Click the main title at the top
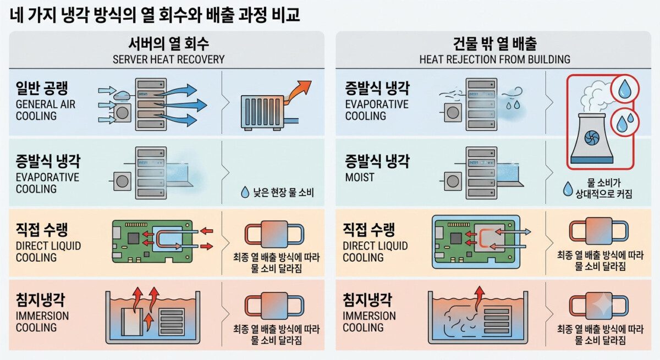point(155,15)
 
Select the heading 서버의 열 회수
point(168,44)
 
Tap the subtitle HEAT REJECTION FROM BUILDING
point(494,59)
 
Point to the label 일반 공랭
point(42,88)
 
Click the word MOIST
point(360,177)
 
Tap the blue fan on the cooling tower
point(592,138)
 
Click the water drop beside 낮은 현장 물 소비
point(245,192)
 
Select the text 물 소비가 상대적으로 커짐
point(604,189)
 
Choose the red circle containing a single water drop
point(625,88)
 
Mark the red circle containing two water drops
point(625,123)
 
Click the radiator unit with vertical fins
point(263,113)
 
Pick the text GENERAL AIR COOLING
point(46,110)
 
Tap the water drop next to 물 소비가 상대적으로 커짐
point(568,189)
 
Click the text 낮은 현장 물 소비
point(283,192)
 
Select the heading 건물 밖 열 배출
point(494,44)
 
